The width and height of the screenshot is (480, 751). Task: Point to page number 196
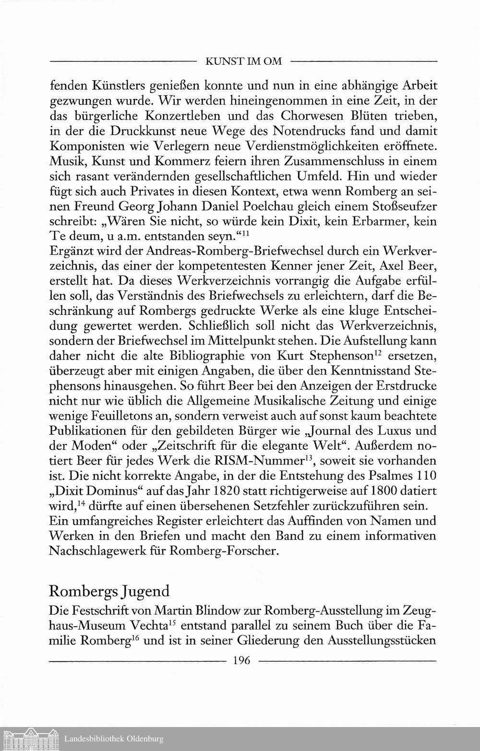(x=241, y=660)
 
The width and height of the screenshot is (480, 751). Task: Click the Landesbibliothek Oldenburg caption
(x=114, y=739)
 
